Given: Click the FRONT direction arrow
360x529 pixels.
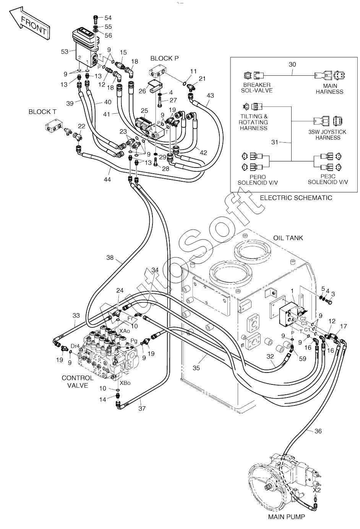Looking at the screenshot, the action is coord(29,24).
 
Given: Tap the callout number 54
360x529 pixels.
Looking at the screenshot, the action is coord(108,18).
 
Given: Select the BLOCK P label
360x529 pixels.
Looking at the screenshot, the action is coord(164,59).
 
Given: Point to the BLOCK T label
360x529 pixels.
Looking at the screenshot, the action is coord(42,112).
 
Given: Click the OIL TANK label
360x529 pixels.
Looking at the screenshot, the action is coord(288,238).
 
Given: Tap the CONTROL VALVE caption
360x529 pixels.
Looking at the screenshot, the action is coord(78,382).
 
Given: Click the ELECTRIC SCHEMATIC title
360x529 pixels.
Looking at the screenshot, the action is coord(296,198).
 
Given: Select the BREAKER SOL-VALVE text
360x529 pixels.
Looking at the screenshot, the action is coord(257,88).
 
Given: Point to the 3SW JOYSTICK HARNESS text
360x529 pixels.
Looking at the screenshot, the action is coord(328,135).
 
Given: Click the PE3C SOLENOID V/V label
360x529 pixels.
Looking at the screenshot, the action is coord(328,179).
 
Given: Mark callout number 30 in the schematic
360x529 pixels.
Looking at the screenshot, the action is coord(292,65).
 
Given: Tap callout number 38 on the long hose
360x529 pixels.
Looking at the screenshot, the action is coord(110,258).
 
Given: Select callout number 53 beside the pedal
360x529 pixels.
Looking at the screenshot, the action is coord(65,52).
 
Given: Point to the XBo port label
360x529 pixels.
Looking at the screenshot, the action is coord(125,383).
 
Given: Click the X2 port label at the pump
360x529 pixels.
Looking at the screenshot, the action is coord(317,490).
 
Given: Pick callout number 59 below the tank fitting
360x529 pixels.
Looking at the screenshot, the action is coord(302,359).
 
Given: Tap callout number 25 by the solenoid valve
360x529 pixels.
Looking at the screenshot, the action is coord(144,111).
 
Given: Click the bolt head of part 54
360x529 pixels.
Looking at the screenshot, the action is coord(96,17).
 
